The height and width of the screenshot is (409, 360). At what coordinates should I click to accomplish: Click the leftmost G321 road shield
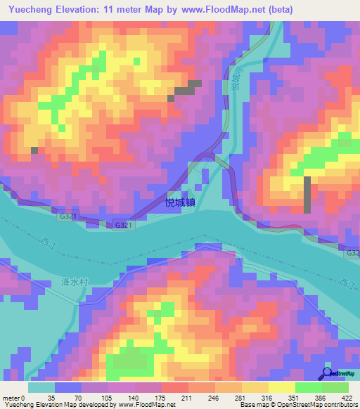[x=68, y=216]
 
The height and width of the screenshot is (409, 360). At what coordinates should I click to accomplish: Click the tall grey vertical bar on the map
[x=307, y=195]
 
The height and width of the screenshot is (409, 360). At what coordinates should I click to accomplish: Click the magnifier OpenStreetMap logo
[x=326, y=372]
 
